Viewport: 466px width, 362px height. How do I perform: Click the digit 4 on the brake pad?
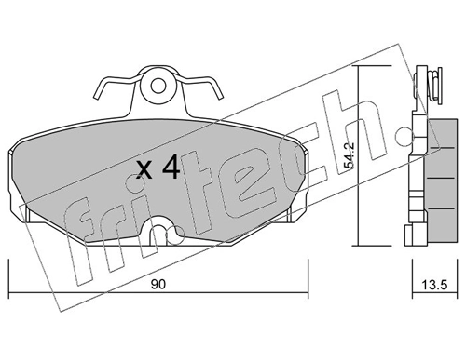[x=170, y=168]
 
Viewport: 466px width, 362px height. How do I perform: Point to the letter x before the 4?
[x=144, y=170]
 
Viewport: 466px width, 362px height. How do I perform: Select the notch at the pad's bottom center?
[x=163, y=226]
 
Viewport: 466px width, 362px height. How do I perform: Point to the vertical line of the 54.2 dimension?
[x=361, y=158]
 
